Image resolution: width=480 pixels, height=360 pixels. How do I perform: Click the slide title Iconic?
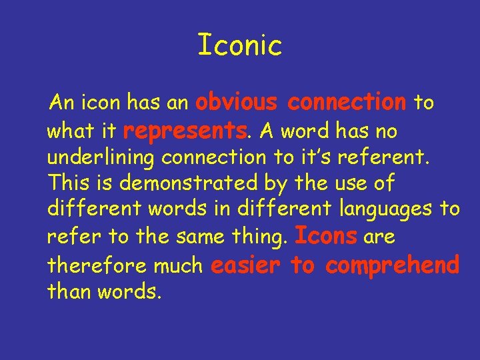[240, 45]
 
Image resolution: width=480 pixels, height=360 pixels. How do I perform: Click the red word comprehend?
[393, 266]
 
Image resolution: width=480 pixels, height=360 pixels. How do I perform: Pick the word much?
[178, 266]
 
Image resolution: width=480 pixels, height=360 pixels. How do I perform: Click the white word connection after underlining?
[209, 157]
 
